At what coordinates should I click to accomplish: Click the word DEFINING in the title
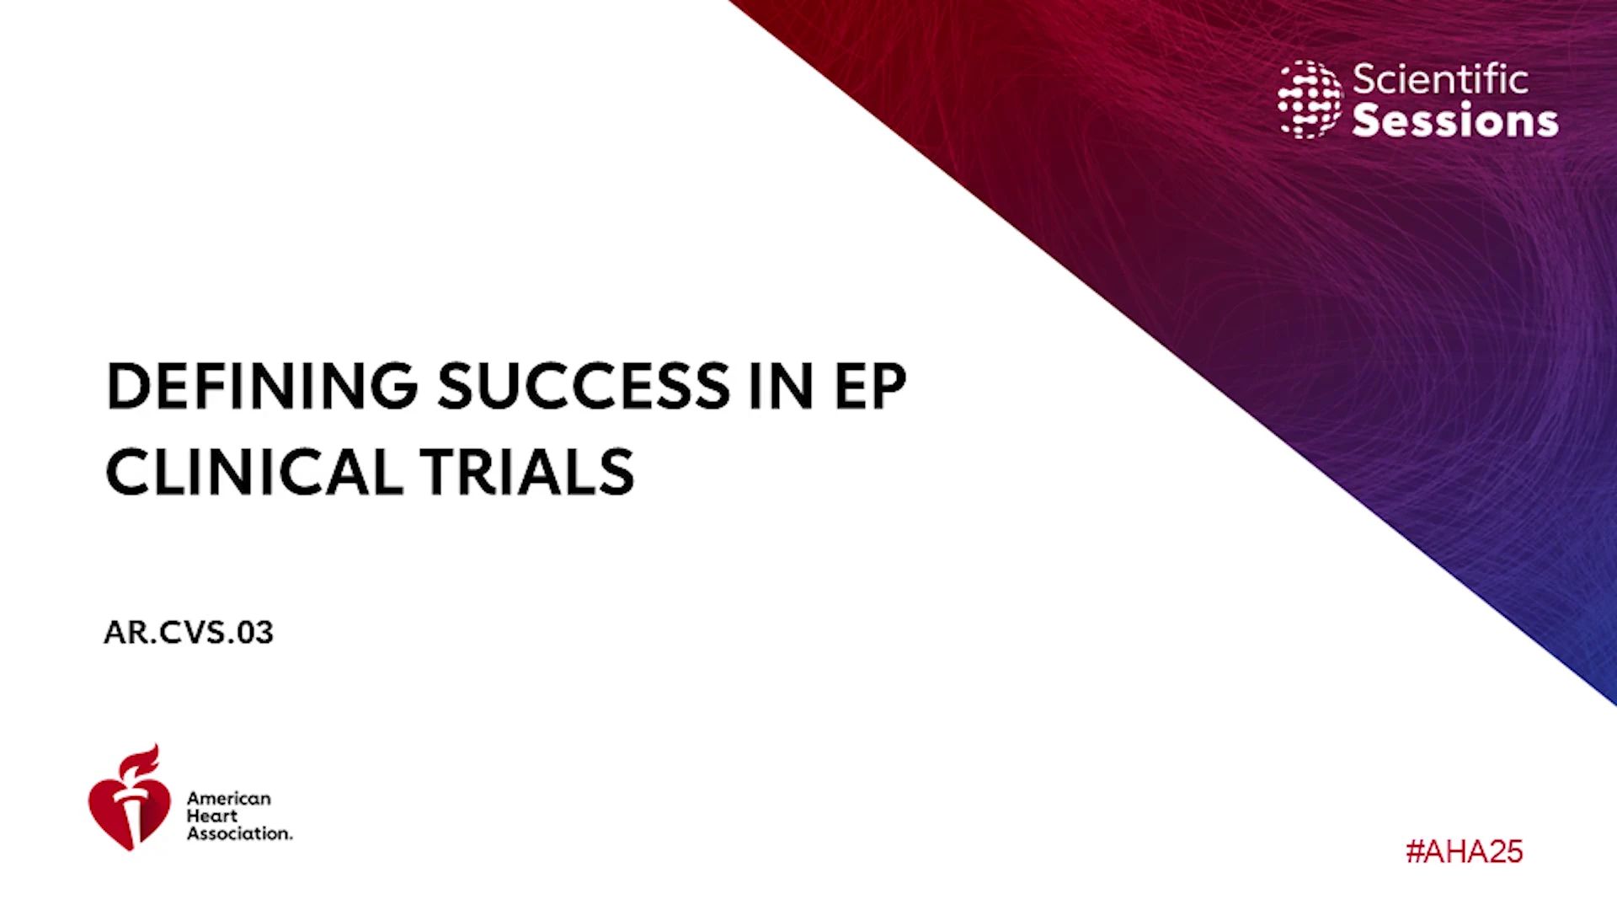(262, 387)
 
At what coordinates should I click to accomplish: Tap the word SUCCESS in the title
(584, 387)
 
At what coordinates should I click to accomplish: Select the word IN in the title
(782, 387)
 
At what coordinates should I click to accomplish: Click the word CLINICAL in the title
(254, 472)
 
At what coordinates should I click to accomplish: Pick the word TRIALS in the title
(527, 472)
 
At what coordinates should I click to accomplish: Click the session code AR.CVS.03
(189, 633)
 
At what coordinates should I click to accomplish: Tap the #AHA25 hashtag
(1465, 852)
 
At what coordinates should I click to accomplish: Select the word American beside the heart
(229, 798)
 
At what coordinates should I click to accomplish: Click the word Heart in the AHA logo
(212, 816)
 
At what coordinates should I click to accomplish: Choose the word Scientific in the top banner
(1440, 80)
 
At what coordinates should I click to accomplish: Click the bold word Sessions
(1455, 120)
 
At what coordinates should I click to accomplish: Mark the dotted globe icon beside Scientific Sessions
(1310, 99)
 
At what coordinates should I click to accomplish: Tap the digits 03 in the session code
(255, 633)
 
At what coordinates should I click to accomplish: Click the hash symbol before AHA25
(1415, 852)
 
